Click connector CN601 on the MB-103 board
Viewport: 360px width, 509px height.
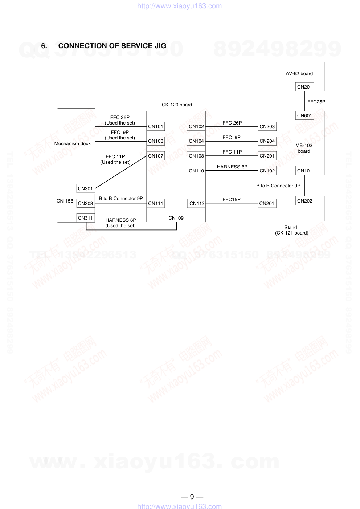(x=304, y=115)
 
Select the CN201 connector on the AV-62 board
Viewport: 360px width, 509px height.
(x=304, y=87)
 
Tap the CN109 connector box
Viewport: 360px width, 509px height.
(x=176, y=218)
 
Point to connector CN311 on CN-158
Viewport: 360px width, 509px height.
(x=86, y=218)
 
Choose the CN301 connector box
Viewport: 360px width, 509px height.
(x=86, y=188)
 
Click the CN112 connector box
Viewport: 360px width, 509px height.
(x=197, y=203)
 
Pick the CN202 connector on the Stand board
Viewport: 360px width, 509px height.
(x=304, y=201)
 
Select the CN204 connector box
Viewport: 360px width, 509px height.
(x=267, y=141)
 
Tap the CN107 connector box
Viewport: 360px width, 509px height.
(x=156, y=156)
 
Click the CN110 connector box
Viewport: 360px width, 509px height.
(x=196, y=171)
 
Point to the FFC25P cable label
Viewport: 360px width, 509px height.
(x=316, y=102)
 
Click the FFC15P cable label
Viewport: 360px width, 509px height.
(x=232, y=199)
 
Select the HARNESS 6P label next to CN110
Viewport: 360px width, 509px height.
(x=232, y=167)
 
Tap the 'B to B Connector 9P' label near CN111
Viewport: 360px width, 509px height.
(x=121, y=198)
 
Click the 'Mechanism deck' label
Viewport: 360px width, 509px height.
(x=73, y=143)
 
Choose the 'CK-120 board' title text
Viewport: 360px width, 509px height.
(x=177, y=105)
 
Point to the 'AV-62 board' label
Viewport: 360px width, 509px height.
(x=299, y=73)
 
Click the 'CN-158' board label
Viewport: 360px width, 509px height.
(x=65, y=201)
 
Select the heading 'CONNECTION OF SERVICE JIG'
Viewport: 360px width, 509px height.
(x=112, y=46)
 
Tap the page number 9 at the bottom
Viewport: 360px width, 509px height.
(x=192, y=497)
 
